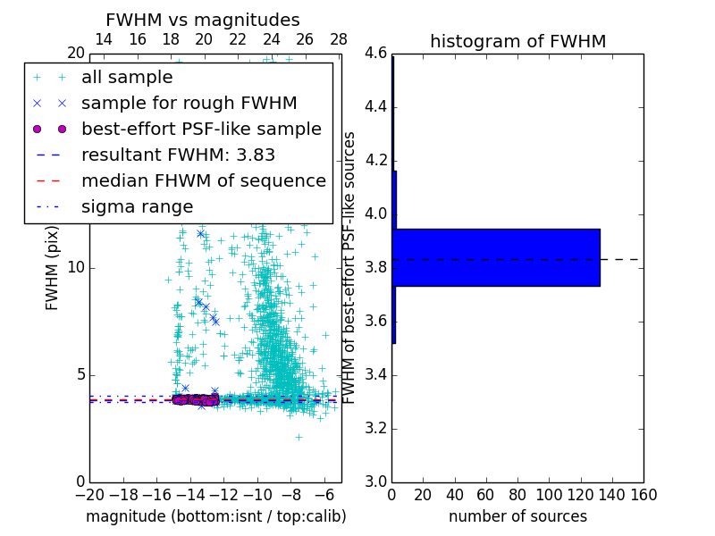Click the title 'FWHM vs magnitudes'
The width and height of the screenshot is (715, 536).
[203, 20]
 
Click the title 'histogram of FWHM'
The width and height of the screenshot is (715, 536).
[517, 41]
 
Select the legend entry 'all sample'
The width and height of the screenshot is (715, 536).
[127, 78]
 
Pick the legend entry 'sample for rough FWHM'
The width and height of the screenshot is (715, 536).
[189, 104]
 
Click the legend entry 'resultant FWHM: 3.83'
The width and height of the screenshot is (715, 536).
[178, 155]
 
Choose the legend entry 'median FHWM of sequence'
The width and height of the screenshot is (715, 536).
[203, 180]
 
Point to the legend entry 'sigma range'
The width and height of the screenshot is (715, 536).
[137, 206]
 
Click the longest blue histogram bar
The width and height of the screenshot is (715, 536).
[496, 257]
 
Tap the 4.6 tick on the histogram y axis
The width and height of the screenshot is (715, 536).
[375, 54]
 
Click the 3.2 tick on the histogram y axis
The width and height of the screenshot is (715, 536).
[375, 428]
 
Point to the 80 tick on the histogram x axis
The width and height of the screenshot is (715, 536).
[517, 494]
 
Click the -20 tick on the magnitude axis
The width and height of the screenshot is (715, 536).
[89, 494]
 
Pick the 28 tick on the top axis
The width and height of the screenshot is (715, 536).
[339, 39]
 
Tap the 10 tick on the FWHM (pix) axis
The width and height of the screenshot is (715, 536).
[76, 267]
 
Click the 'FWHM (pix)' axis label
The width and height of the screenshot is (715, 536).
[53, 268]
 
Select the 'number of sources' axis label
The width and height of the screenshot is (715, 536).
[517, 516]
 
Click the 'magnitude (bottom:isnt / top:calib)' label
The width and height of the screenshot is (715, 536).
[215, 516]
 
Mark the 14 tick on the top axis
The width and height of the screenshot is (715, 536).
[104, 39]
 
